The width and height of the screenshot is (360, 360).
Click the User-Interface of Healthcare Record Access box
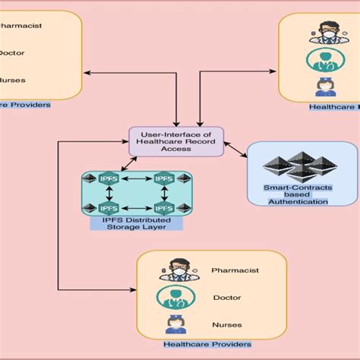(175, 142)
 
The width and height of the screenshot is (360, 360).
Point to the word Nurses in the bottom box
(226, 325)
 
